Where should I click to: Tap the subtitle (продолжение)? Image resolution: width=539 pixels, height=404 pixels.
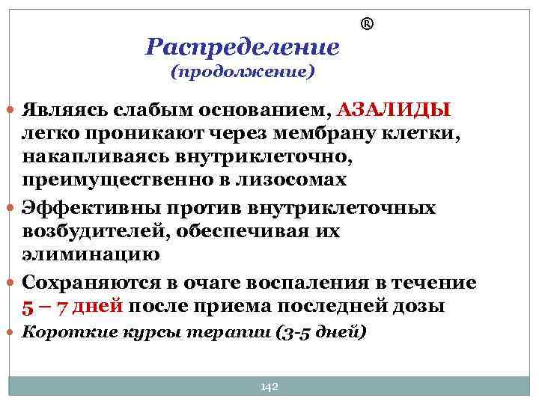click(x=242, y=73)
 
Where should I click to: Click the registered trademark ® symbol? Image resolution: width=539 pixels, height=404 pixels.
click(x=367, y=25)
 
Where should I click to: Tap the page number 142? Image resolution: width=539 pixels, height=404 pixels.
click(x=269, y=386)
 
